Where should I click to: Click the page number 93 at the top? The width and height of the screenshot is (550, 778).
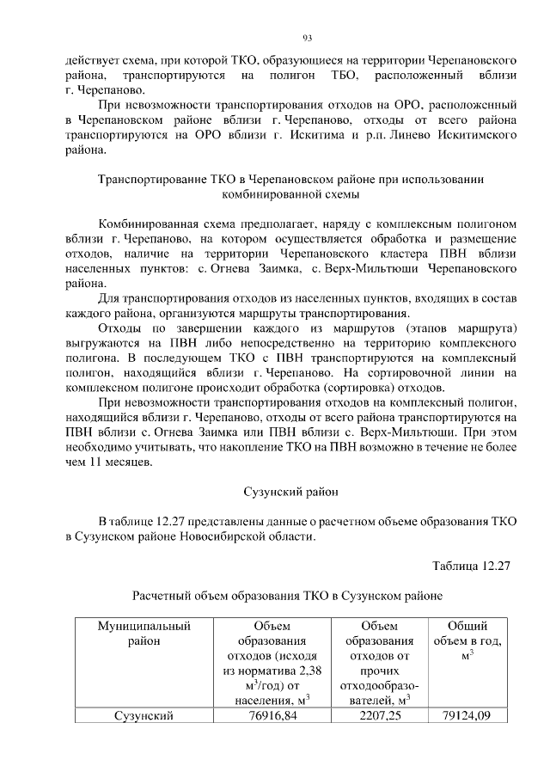click(x=307, y=37)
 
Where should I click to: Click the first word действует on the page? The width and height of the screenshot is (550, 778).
click(x=95, y=62)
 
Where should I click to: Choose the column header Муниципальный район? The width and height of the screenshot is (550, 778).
click(x=143, y=634)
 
